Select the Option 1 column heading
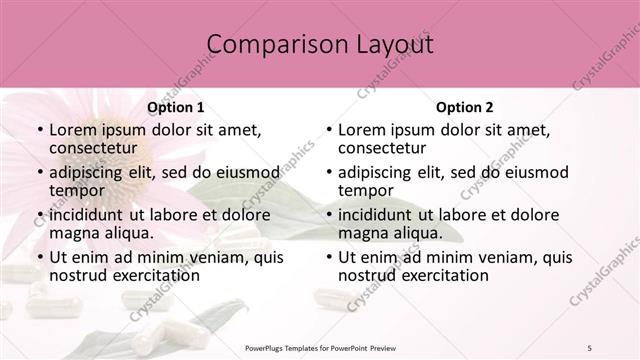175,107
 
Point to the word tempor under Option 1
78,191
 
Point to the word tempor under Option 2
366,191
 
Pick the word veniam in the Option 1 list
200,257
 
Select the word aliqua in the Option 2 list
418,233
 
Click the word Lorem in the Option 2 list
362,130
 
